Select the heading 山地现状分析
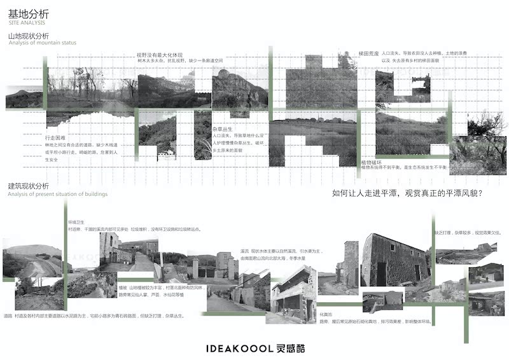28,36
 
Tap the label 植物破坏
370,163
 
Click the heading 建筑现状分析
28,186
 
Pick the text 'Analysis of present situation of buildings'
58,193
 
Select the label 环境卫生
76,222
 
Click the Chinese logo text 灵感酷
289,349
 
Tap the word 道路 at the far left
8,316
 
